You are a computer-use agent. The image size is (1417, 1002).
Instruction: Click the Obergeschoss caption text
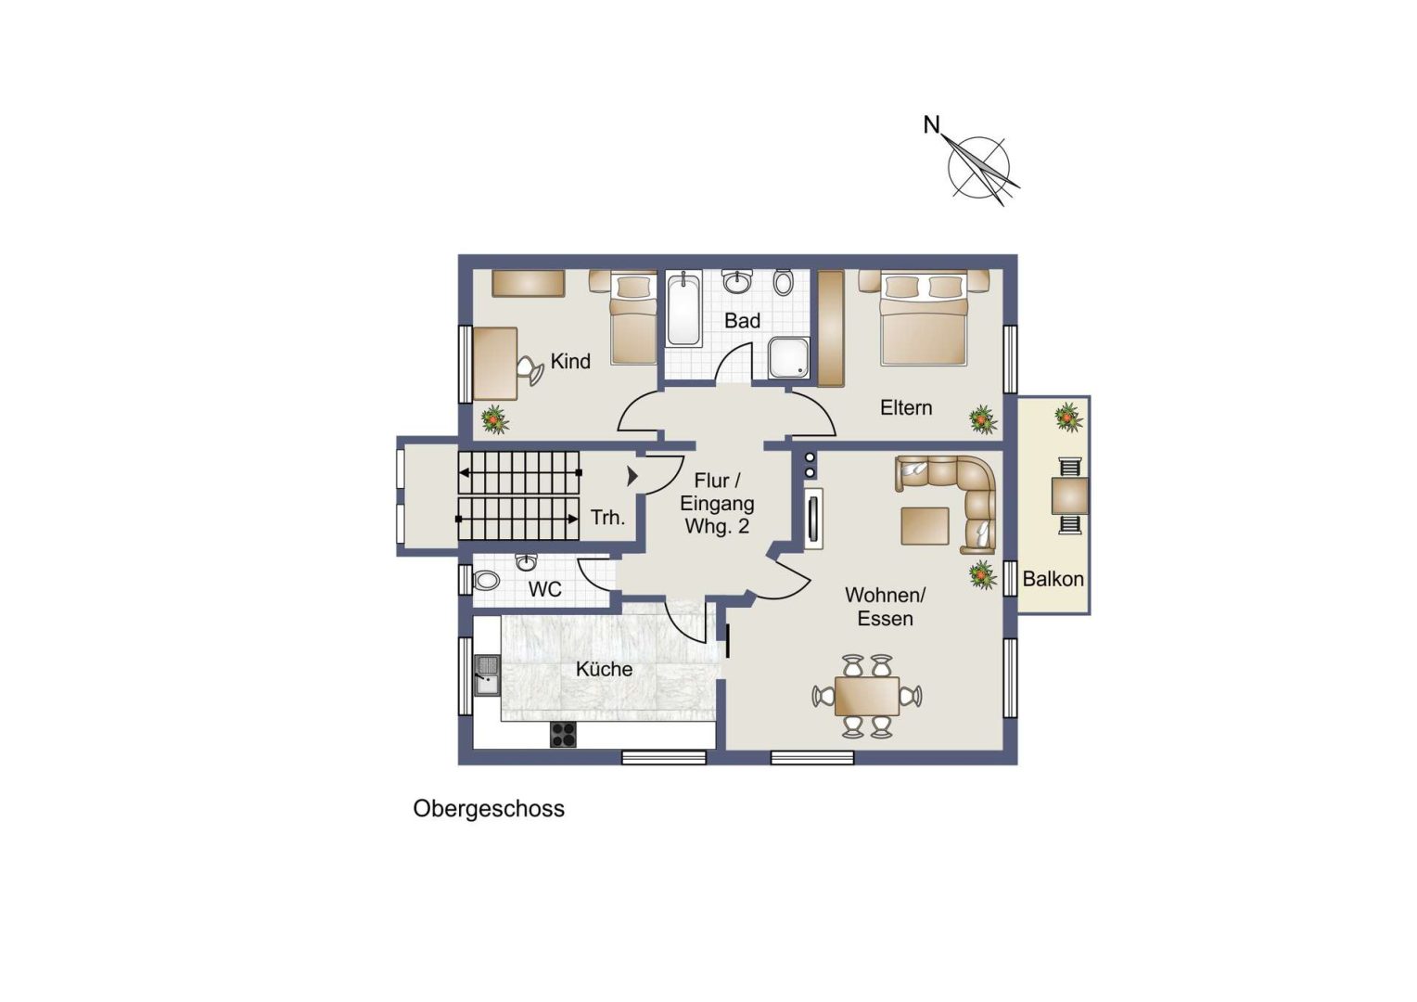click(x=489, y=810)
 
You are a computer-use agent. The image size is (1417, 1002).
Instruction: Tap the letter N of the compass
click(x=931, y=125)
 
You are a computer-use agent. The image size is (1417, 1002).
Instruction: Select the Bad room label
click(x=742, y=320)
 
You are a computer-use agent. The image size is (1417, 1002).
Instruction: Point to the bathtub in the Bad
click(x=683, y=308)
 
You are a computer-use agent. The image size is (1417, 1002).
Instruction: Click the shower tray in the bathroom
click(x=789, y=357)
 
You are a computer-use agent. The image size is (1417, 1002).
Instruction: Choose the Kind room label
click(x=570, y=362)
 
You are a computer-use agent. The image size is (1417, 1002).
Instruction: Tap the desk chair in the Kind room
click(x=530, y=369)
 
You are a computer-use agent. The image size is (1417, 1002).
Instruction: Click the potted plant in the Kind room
click(x=494, y=419)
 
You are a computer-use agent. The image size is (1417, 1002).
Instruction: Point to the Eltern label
click(x=906, y=407)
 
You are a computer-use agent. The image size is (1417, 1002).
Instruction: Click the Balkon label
click(x=1053, y=579)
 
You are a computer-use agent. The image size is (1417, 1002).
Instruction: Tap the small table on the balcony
click(x=1069, y=495)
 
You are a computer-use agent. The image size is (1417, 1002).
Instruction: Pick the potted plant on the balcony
click(x=1067, y=417)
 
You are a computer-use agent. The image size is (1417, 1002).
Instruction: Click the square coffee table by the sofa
click(x=925, y=525)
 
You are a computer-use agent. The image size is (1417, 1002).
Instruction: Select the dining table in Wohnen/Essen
click(x=867, y=696)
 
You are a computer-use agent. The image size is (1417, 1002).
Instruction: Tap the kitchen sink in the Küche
click(x=487, y=675)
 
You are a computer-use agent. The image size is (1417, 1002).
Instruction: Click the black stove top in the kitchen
click(x=563, y=735)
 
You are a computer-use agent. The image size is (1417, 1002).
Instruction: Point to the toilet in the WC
click(x=487, y=580)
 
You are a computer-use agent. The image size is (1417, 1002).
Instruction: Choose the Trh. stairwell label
click(x=608, y=518)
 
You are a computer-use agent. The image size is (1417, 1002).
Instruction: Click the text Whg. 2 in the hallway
click(x=717, y=526)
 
